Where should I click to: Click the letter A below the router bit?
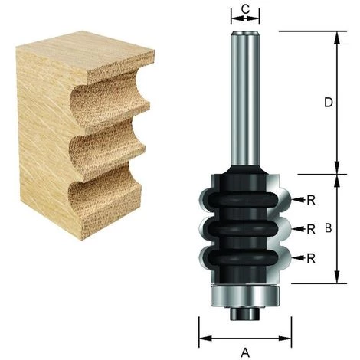pyautogui.click(x=245, y=352)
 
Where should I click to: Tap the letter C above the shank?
pyautogui.click(x=245, y=8)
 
